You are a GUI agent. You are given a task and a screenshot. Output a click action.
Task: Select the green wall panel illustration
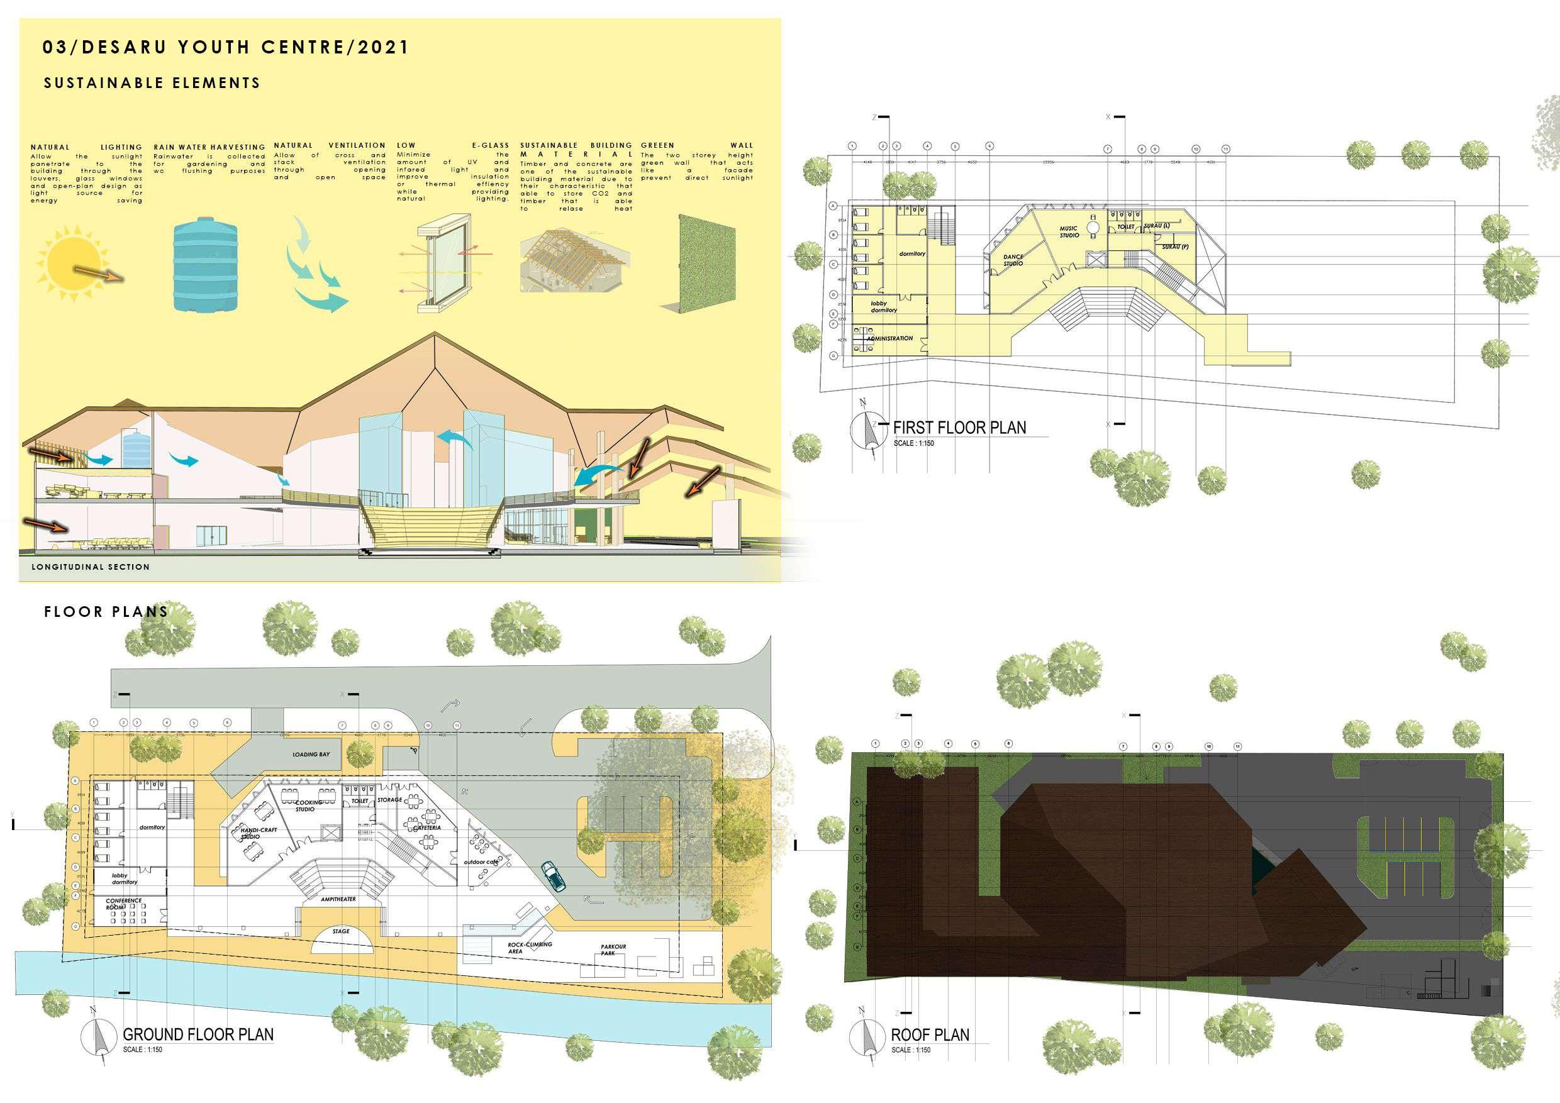click(707, 265)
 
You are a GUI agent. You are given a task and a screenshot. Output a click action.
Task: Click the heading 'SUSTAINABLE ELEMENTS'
click(152, 83)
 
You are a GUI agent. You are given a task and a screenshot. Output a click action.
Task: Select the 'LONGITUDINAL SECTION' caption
click(91, 567)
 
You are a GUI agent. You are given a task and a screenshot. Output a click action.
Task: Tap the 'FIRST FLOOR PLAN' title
click(959, 427)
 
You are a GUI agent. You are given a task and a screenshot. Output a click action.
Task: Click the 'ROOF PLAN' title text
click(930, 1034)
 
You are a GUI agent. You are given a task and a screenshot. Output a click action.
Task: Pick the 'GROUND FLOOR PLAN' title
click(198, 1034)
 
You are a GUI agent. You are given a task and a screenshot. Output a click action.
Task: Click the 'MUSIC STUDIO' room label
click(1069, 232)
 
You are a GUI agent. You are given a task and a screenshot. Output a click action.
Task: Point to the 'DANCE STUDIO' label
click(1012, 260)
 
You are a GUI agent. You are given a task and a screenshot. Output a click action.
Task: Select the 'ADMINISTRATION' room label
click(889, 338)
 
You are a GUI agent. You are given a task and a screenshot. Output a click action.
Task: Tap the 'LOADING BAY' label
click(311, 755)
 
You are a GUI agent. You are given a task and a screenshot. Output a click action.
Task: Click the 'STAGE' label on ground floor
click(341, 931)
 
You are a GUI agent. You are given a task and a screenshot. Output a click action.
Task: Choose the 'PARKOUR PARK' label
click(613, 950)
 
